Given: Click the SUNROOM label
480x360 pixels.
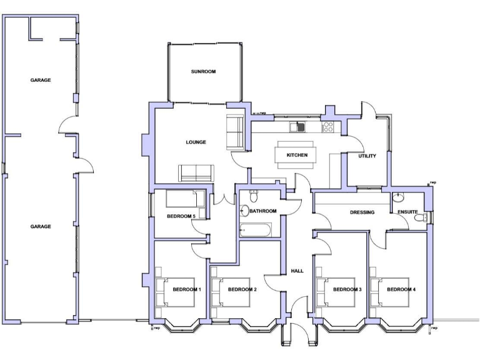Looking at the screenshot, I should pyautogui.click(x=203, y=72).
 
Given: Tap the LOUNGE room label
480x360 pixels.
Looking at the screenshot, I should pyautogui.click(x=196, y=142).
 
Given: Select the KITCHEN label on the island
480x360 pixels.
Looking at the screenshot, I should pyautogui.click(x=297, y=155).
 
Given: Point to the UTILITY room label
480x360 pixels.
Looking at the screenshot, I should pyautogui.click(x=367, y=156).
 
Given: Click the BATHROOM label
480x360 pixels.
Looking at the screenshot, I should pyautogui.click(x=262, y=211).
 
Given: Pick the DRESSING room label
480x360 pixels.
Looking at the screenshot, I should pyautogui.click(x=362, y=212).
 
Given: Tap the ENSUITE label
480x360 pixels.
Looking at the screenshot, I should pyautogui.click(x=407, y=212).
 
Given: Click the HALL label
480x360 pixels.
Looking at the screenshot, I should pyautogui.click(x=297, y=271).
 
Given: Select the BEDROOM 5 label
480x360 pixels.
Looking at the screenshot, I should pyautogui.click(x=181, y=216).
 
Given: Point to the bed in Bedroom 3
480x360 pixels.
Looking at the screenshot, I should pyautogui.click(x=341, y=291).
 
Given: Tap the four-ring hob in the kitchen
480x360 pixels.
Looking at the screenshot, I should pyautogui.click(x=327, y=127).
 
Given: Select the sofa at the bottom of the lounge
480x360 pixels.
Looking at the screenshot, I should pyautogui.click(x=196, y=172).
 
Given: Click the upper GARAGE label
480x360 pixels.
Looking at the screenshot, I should pyautogui.click(x=41, y=80).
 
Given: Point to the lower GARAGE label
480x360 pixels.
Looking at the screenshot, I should pyautogui.click(x=41, y=226).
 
